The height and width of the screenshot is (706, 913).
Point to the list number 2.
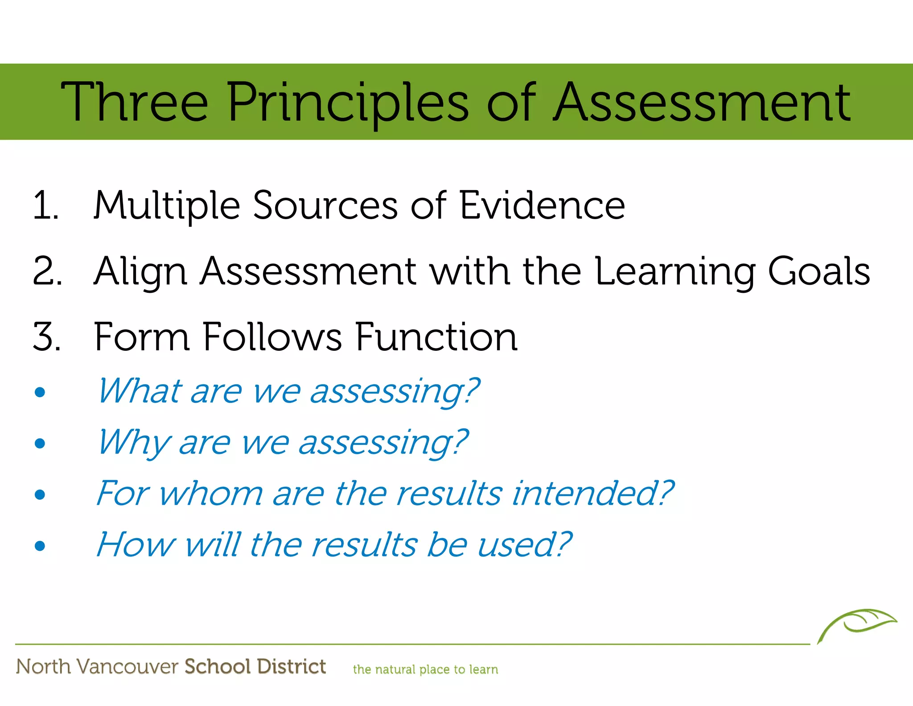pos(47,271)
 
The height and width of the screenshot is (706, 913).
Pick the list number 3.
pos(47,337)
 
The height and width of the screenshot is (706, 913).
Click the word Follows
pos(272,337)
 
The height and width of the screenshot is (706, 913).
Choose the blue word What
pos(139,391)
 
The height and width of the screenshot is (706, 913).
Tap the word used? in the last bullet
pos(524,545)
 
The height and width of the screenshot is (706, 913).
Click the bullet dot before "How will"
pos(40,546)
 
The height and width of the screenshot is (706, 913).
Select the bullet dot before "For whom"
pos(40,494)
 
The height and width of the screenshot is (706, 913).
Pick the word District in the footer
pos(292,666)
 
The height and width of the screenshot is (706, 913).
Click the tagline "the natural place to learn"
pos(425,669)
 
